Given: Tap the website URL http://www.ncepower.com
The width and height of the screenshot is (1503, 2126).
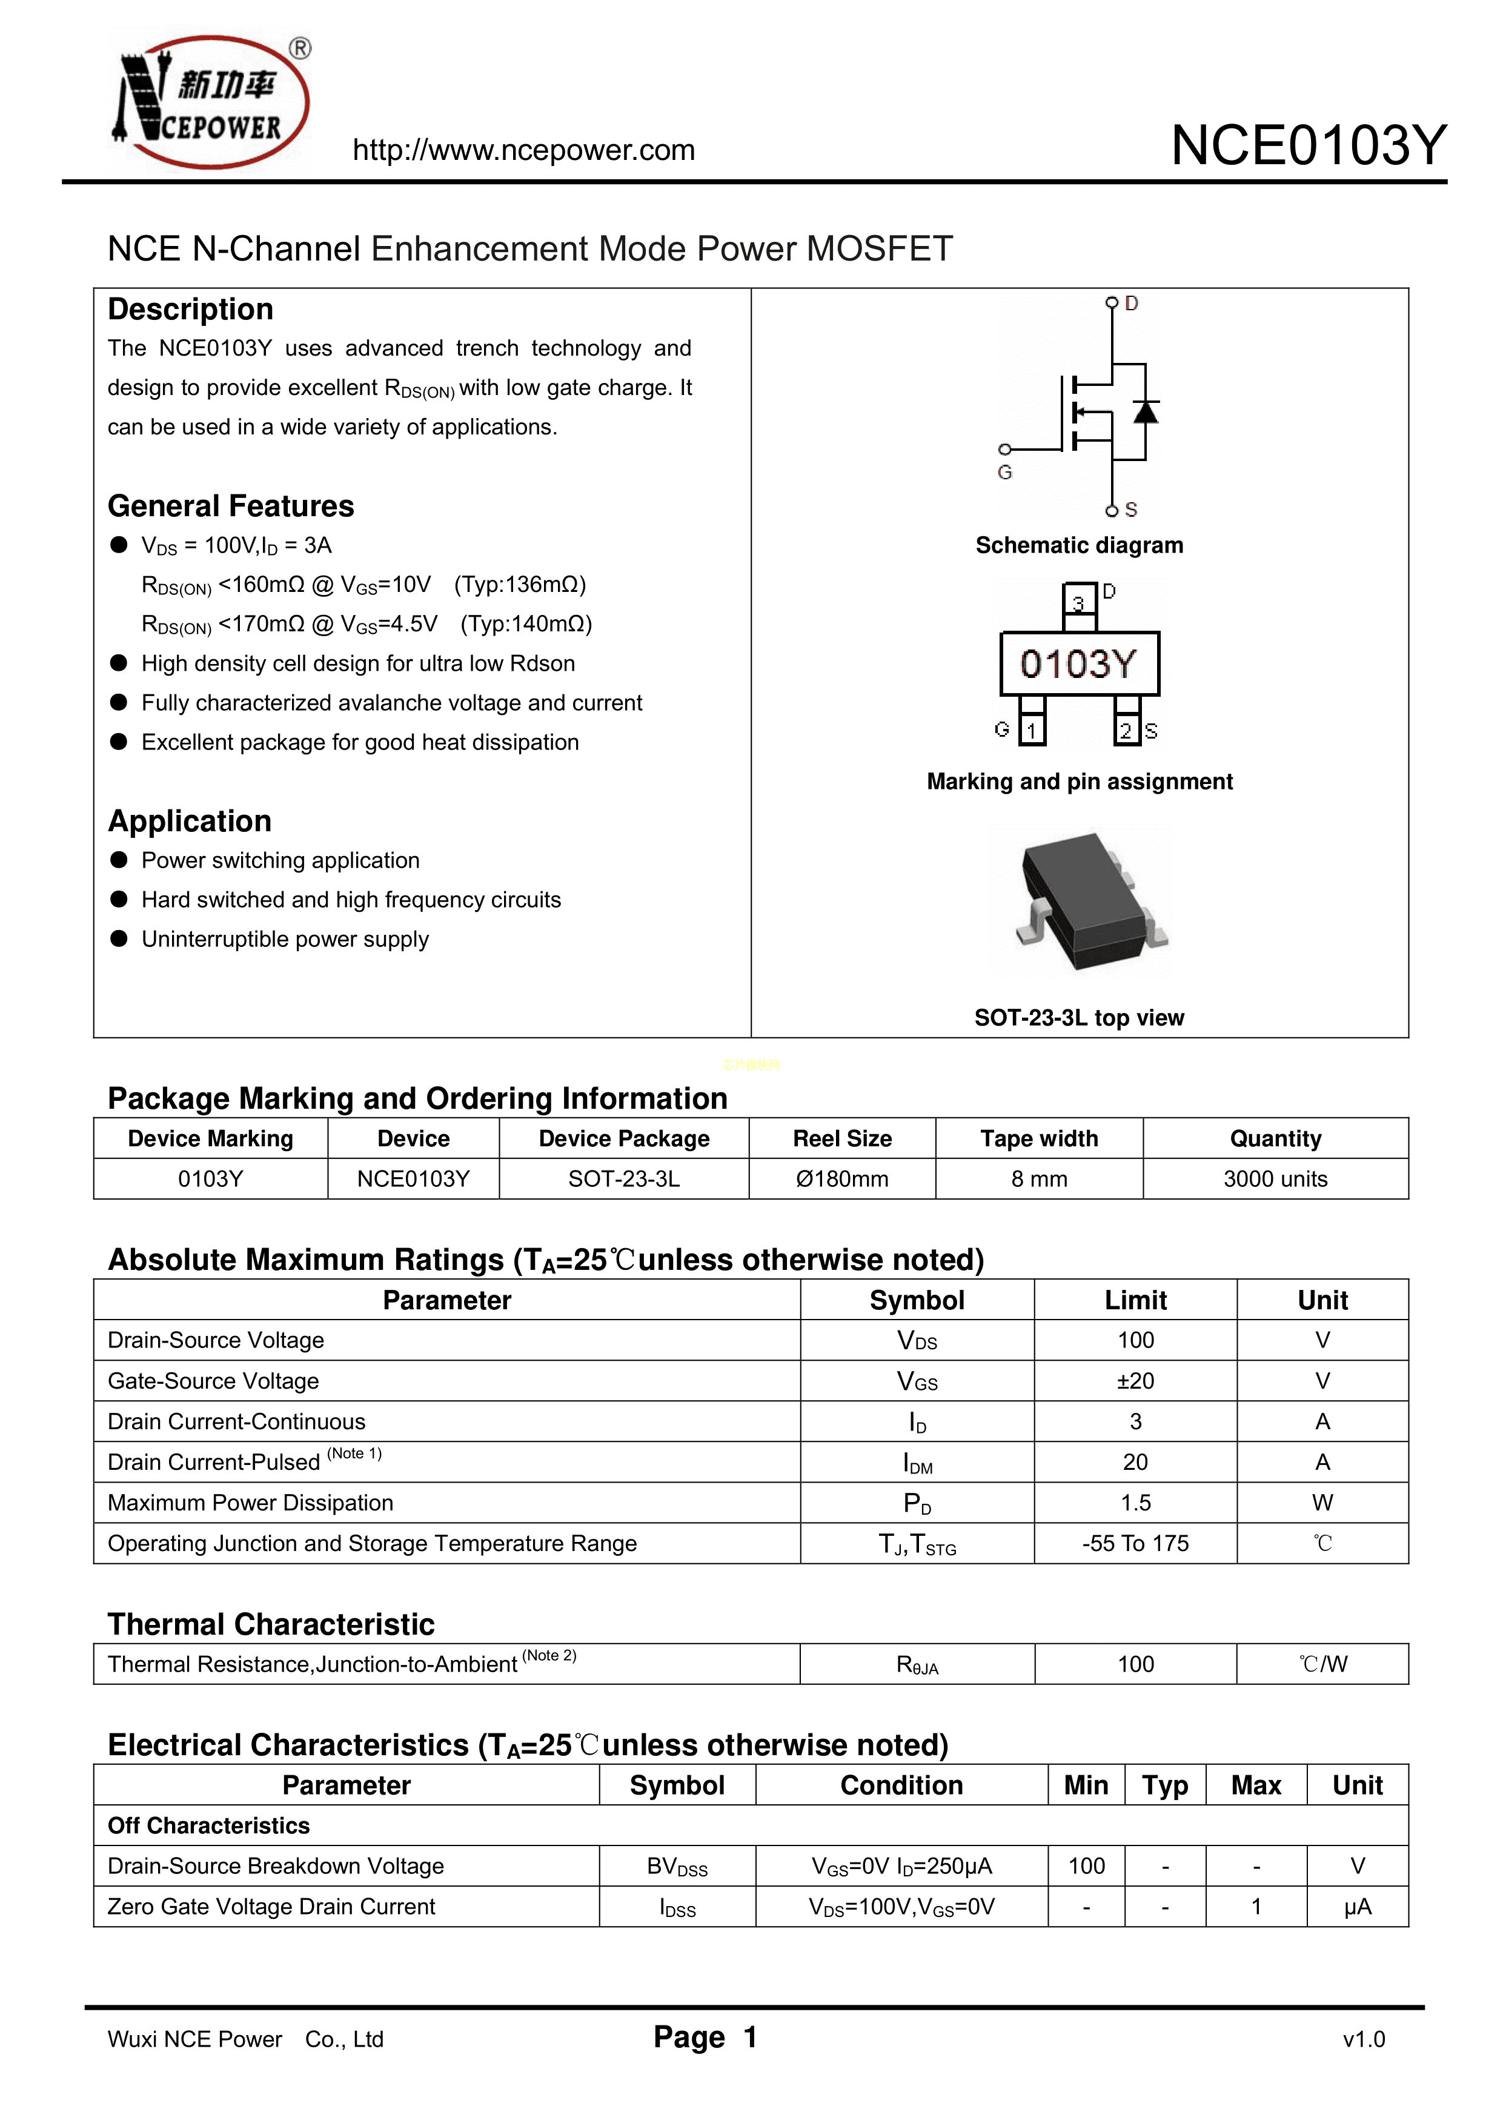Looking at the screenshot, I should coord(523,150).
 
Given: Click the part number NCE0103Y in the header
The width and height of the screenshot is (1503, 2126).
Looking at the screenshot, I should coord(1307,145).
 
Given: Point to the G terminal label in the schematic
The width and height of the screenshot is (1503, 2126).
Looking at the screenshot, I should coord(1005,472).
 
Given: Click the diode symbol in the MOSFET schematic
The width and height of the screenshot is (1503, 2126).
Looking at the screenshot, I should coord(1146,411).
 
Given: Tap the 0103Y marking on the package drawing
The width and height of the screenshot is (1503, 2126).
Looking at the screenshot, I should coord(1079,664).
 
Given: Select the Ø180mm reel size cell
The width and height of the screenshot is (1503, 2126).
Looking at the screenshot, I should coord(842,1179).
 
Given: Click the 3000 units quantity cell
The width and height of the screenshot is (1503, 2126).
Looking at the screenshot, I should coord(1275,1179).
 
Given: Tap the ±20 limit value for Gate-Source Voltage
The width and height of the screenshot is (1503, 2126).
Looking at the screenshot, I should coord(1135,1381).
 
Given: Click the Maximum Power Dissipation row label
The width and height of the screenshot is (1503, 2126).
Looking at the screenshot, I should coord(250,1503).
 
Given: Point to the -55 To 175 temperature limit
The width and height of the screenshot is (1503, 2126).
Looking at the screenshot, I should coord(1135,1544).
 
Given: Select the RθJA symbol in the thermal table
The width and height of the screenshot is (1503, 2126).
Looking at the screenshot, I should coord(917,1665).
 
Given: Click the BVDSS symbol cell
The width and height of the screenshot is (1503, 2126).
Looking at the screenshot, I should coord(677,1867).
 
